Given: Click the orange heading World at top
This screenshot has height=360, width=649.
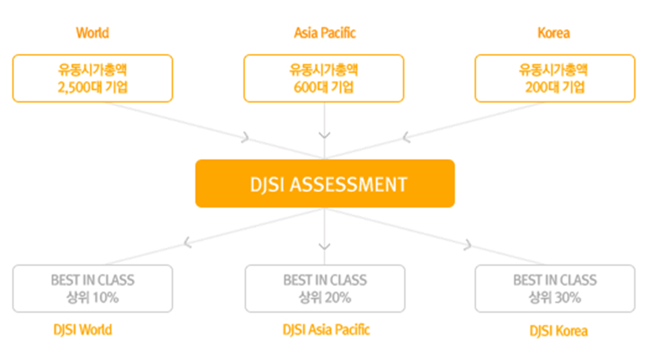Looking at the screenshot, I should (x=92, y=33).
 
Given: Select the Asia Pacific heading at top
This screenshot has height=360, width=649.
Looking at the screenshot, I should (x=324, y=33).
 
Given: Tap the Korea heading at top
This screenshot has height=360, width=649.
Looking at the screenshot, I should (x=553, y=33).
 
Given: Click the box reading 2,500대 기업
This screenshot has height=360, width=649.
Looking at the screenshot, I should (x=92, y=78).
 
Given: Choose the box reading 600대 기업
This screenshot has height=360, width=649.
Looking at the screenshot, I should (x=323, y=78).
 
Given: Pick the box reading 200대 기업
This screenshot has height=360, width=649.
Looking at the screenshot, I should (x=555, y=78).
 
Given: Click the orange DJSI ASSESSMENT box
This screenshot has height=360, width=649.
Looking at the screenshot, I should (x=325, y=183).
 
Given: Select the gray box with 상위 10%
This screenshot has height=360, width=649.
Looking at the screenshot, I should (x=92, y=289).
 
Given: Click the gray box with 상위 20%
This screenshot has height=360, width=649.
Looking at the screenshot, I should (x=325, y=289).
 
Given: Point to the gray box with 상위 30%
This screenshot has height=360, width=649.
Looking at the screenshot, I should (x=555, y=289).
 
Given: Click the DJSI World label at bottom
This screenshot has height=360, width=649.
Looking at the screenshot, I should (x=82, y=330).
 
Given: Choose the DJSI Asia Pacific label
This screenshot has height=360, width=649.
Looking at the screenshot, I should (x=326, y=330).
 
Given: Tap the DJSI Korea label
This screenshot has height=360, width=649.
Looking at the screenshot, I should (x=558, y=331).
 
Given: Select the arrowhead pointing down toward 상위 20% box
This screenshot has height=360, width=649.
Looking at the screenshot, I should (x=325, y=246).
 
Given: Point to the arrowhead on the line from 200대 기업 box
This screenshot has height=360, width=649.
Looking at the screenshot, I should (x=406, y=138).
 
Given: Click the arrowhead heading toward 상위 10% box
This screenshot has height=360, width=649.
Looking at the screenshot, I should (x=188, y=241).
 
